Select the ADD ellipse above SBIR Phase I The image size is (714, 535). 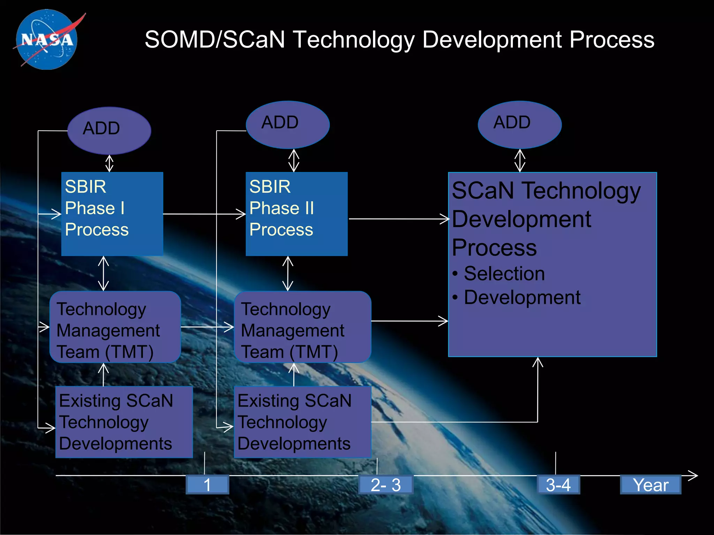tap(109, 130)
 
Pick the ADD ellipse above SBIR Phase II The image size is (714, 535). tap(288, 124)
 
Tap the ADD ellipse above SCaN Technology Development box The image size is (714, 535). tap(519, 124)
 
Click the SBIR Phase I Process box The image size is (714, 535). tap(112, 214)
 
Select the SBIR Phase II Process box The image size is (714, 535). tap(296, 214)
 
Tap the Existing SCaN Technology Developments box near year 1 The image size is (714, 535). tap(124, 422)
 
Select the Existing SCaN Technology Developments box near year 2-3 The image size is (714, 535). tap(302, 422)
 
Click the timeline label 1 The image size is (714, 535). tap(207, 484)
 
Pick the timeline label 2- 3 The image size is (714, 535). tap(386, 484)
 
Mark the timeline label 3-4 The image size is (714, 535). tap(558, 484)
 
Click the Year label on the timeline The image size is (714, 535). tap(650, 484)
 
